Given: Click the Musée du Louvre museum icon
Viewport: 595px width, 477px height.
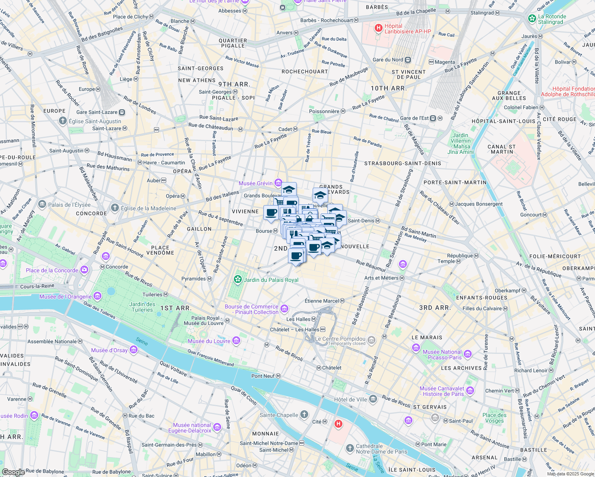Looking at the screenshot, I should (x=236, y=341).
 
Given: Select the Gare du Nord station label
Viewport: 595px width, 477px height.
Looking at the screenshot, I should (x=388, y=60).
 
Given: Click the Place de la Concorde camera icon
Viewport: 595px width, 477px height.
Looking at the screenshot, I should (x=84, y=270).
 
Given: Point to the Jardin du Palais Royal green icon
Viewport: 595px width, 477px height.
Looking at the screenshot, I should (x=238, y=279).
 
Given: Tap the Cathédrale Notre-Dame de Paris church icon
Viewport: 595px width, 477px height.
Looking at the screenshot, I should (x=350, y=448).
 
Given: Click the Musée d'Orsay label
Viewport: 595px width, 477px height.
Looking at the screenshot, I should (x=109, y=350).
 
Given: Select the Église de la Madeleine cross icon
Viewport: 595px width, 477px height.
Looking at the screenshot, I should (x=115, y=208).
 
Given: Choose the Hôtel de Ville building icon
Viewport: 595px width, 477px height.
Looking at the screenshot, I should (x=373, y=399).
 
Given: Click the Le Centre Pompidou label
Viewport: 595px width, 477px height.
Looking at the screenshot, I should (x=340, y=339).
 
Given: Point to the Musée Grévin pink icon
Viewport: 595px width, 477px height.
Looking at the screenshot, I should (x=278, y=183).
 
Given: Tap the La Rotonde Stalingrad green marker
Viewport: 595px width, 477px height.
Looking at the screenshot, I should (x=532, y=19).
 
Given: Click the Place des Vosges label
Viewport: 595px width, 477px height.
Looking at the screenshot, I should (x=494, y=418).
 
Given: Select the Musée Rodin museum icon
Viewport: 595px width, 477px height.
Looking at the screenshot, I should (x=34, y=416).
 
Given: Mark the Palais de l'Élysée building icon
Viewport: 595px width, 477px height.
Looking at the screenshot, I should (x=42, y=204).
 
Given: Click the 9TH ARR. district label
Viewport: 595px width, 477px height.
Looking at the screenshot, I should (x=234, y=84).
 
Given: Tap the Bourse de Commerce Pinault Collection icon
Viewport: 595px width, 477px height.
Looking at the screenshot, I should (x=284, y=309).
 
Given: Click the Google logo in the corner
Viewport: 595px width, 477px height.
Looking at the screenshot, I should (x=14, y=472).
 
